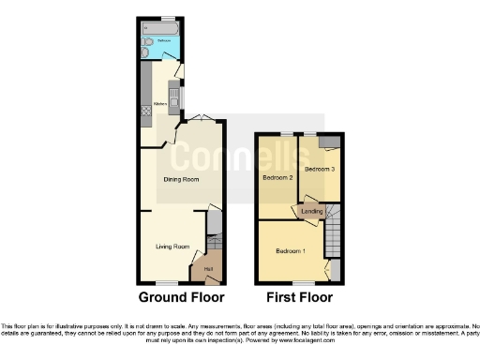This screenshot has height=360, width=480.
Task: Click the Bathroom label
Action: tap(162, 41)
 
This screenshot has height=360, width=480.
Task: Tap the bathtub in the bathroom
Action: tap(161, 30)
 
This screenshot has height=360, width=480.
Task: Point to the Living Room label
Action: tap(172, 247)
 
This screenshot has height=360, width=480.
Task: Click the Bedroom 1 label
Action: tap(290, 251)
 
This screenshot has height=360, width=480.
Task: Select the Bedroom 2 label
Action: tap(277, 177)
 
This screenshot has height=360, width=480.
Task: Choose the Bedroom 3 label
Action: tap(320, 169)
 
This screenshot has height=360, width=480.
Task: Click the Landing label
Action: tap(312, 212)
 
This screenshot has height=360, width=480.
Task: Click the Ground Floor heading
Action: tap(181, 298)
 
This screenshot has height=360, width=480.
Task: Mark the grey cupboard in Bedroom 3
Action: tap(329, 142)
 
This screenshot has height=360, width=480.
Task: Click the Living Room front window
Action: tap(166, 282)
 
